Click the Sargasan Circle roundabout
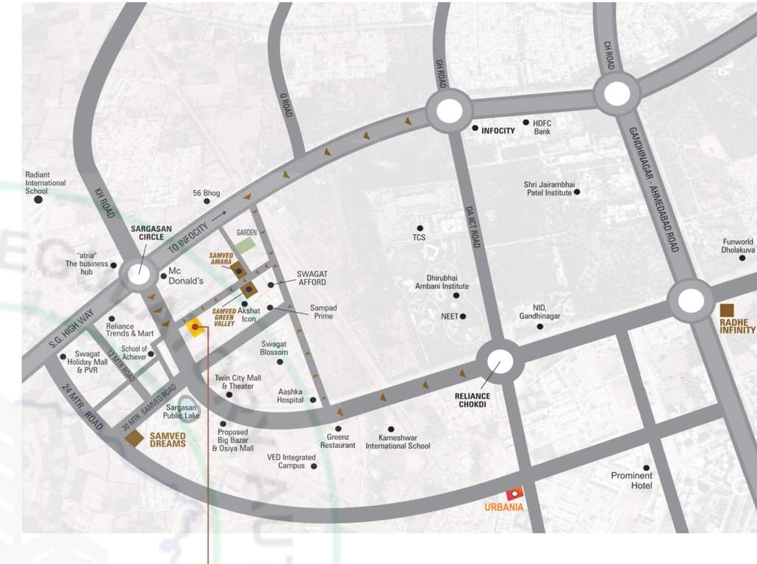pyautogui.click(x=138, y=275)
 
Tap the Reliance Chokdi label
pyautogui.click(x=473, y=400)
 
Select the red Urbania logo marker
pyautogui.click(x=515, y=493)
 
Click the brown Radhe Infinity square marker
pyautogui.click(x=727, y=310)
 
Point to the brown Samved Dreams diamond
pyautogui.click(x=134, y=438)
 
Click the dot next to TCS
pyautogui.click(x=420, y=228)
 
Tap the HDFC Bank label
pyautogui.click(x=542, y=127)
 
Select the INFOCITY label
pyautogui.click(x=498, y=131)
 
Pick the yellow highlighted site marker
pyautogui.click(x=195, y=328)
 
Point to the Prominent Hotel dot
pyautogui.click(x=646, y=468)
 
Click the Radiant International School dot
pyautogui.click(x=38, y=200)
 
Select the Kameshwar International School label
pyautogui.click(x=398, y=441)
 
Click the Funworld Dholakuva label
pyautogui.click(x=737, y=246)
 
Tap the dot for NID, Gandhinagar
pyautogui.click(x=539, y=326)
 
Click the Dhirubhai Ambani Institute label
pyautogui.click(x=448, y=282)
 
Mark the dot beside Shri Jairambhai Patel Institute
pyautogui.click(x=577, y=192)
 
